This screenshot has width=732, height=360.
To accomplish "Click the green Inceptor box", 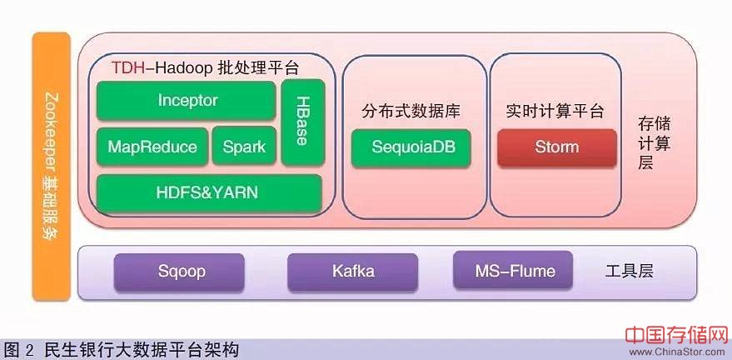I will point(187,101).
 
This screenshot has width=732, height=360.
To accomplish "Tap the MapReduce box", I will point(152,147).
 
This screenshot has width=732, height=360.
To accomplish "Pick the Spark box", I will point(244,147).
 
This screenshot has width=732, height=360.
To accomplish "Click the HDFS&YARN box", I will point(208,192).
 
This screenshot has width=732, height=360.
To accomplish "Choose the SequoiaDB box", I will point(411,147).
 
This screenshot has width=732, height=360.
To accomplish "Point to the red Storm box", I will point(556,147).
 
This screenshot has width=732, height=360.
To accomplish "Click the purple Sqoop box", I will point(182,272).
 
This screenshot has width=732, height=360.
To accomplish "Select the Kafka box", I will point(353,272).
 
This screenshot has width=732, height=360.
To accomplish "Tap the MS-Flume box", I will point(515,272).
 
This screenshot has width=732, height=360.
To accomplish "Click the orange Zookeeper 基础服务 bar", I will point(51,167).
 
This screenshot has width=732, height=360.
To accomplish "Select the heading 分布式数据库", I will point(411,112).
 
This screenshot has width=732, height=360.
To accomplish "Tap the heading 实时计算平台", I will point(555,112).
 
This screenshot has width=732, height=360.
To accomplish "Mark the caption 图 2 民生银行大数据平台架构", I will point(122,349).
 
